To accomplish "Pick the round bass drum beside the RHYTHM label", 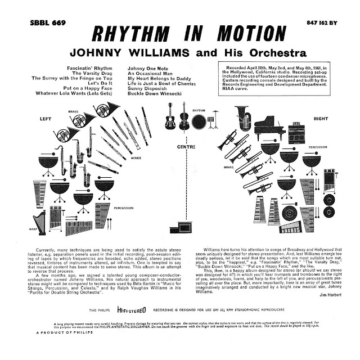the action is click(197, 121).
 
